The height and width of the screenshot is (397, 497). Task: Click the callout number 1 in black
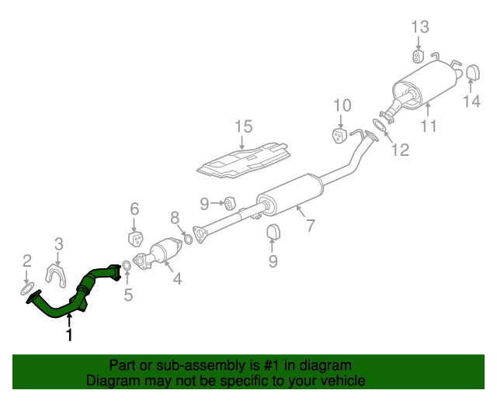click(x=69, y=335)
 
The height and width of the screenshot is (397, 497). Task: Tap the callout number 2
click(x=27, y=261)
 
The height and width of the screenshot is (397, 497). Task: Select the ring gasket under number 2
click(x=27, y=289)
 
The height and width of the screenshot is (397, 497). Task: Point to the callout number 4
click(x=177, y=278)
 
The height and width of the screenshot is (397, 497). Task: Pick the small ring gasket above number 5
click(x=126, y=266)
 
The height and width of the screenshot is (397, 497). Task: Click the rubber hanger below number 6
click(x=136, y=239)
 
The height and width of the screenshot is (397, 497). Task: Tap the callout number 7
click(x=311, y=226)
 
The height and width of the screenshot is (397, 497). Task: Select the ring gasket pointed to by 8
click(x=188, y=240)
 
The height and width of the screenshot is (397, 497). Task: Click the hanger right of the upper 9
click(x=230, y=203)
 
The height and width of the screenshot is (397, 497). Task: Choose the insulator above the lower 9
click(x=273, y=231)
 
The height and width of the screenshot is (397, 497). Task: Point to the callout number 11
click(x=429, y=126)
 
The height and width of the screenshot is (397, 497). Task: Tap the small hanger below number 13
click(x=419, y=56)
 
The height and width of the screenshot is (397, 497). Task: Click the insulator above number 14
click(x=473, y=72)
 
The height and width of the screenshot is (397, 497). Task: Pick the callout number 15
click(x=243, y=126)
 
